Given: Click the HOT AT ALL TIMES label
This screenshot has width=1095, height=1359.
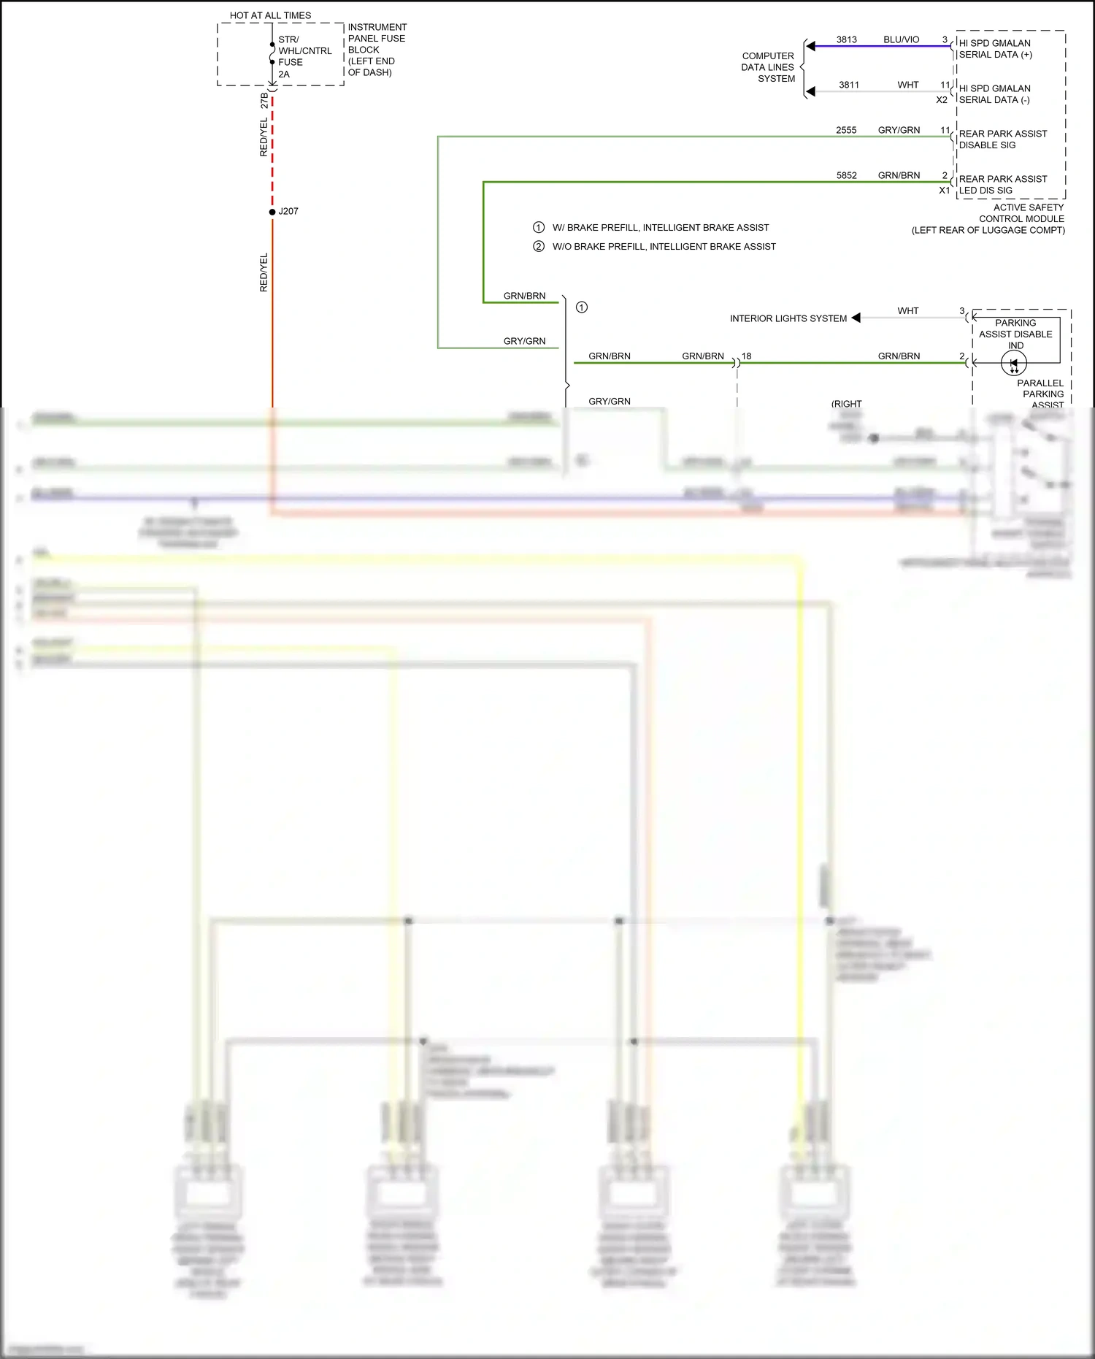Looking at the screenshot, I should [270, 15].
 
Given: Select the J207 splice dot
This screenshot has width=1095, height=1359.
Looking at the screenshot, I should [272, 212].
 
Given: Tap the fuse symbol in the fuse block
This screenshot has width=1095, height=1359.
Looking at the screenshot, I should [272, 53].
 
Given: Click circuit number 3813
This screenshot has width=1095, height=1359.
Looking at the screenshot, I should [846, 39].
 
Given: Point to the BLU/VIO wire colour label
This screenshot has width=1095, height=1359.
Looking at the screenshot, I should [901, 39].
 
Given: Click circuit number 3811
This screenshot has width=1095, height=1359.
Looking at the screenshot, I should [848, 85].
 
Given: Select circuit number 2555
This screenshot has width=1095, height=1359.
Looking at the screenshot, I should [846, 130].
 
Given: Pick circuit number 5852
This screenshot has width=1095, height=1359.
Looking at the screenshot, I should [846, 175].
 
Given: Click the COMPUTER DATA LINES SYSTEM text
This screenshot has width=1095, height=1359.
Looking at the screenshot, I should [768, 67].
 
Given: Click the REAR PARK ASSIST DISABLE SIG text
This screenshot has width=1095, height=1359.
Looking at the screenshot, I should [1002, 139].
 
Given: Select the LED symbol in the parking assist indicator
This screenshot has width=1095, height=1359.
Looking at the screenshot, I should [1013, 363].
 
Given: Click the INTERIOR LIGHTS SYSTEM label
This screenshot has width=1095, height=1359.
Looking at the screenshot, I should [788, 318].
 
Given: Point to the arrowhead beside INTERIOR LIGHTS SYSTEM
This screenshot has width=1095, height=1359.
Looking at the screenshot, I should [856, 318].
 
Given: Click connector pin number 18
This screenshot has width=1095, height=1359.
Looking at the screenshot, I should [746, 356].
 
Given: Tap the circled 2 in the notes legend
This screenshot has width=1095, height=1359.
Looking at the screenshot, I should [539, 246].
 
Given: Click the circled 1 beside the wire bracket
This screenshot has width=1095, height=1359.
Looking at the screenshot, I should [582, 307].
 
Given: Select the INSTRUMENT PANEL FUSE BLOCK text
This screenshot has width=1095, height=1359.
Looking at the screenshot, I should [377, 50].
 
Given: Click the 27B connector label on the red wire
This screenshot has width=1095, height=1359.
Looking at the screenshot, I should [264, 101].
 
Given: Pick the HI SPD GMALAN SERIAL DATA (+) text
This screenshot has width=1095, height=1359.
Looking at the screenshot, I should [995, 49].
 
